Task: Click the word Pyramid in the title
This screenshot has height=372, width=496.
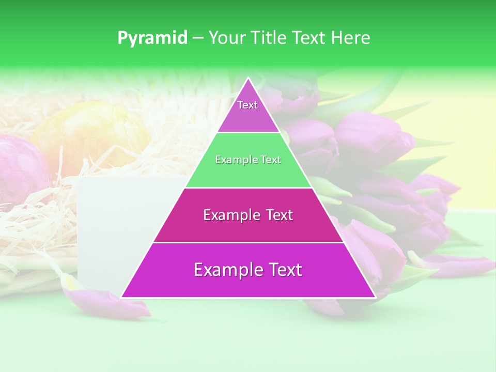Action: pyautogui.click(x=152, y=38)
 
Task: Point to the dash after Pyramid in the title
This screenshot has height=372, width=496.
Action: pyautogui.click(x=198, y=38)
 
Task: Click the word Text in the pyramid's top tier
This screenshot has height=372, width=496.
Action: pyautogui.click(x=247, y=105)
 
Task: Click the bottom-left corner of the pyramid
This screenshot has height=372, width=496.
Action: pyautogui.click(x=122, y=297)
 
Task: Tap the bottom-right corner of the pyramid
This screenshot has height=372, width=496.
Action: pyautogui.click(x=375, y=297)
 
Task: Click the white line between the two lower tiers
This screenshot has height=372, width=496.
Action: pyautogui.click(x=248, y=242)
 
